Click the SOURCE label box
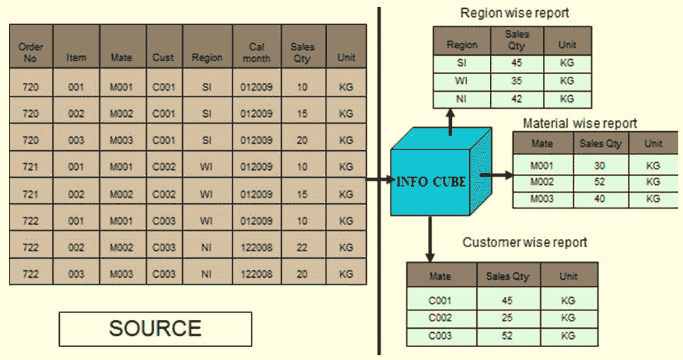point(156,329)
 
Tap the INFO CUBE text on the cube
point(431,181)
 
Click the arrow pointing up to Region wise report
point(451,122)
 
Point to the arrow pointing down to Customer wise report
point(430,239)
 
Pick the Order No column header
point(31,52)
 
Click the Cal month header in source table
point(257,52)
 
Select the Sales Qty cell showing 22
point(302,247)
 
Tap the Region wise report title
point(514,13)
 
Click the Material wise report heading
point(580,123)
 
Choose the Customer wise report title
point(525,242)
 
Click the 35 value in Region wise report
point(516,81)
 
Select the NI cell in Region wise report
point(461,98)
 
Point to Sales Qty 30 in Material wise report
point(599,166)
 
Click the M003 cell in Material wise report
point(542,198)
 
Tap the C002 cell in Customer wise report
point(440,318)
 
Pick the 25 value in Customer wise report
point(507,318)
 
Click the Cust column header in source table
point(163,58)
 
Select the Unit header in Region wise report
point(567,44)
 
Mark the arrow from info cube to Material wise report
point(497,175)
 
